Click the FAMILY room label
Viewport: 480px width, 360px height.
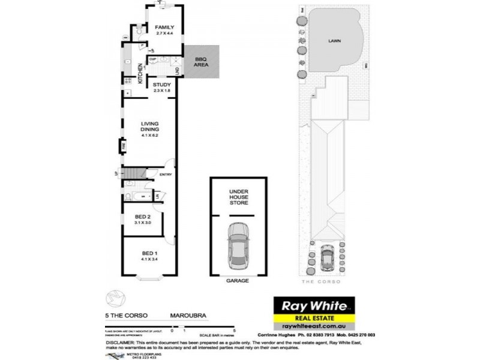pyautogui.click(x=164, y=28)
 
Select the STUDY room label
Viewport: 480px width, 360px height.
pyautogui.click(x=162, y=85)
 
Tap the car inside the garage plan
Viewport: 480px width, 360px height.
pyautogui.click(x=239, y=246)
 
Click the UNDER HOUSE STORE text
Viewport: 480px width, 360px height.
pyautogui.click(x=239, y=197)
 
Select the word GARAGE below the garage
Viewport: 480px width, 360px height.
pyautogui.click(x=238, y=280)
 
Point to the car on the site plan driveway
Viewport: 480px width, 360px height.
pyautogui.click(x=327, y=258)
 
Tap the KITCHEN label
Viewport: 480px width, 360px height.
pyautogui.click(x=141, y=73)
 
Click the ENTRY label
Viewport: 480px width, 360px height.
pyautogui.click(x=166, y=175)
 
